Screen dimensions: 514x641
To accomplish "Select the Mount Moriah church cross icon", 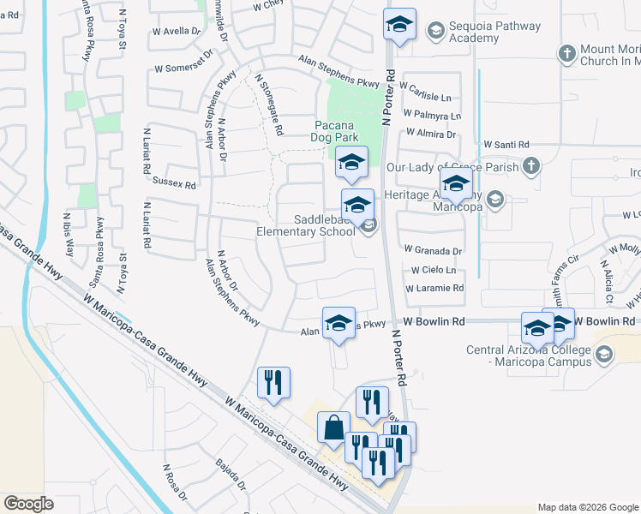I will (566, 54).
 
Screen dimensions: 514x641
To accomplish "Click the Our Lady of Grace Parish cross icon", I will (530, 166).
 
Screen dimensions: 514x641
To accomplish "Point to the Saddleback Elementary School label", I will (306, 225).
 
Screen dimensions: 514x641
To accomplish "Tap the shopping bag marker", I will (332, 427).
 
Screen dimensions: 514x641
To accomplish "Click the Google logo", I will (29, 504).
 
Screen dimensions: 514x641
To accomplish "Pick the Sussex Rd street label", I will (174, 183).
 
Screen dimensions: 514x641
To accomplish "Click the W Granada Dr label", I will (434, 251).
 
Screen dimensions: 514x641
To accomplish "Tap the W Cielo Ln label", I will (432, 270).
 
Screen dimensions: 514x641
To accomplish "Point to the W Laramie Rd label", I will (434, 288).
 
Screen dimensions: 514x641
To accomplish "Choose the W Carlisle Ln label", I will (434, 98).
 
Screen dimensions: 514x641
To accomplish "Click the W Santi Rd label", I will (506, 146).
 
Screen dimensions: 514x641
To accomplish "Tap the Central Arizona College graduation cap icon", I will (603, 355).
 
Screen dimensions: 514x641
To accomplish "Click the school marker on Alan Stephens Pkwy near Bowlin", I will (338, 324).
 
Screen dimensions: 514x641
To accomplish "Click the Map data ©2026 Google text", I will (586, 507).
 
